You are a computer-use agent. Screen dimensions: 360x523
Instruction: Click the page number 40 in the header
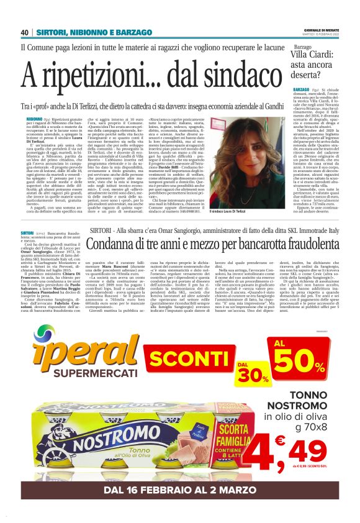click(x=25, y=32)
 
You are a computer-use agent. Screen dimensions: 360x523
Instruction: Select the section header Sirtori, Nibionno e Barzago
click(x=93, y=32)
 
